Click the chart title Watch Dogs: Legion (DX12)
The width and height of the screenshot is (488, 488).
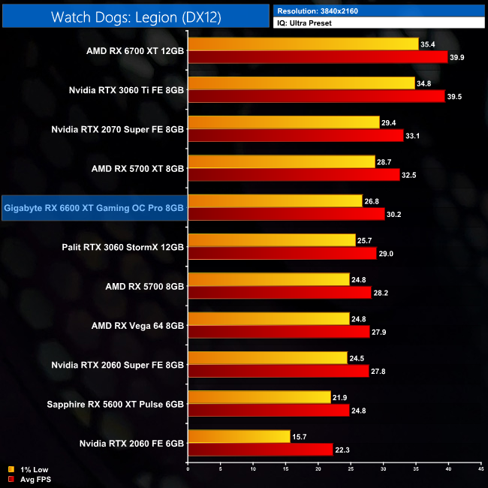(136, 17)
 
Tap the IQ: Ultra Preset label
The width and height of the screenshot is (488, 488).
(309, 23)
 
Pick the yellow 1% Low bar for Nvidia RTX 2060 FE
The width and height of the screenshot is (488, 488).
(239, 436)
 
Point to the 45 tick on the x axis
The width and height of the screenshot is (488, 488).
(480, 471)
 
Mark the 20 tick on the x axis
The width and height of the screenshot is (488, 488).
(318, 471)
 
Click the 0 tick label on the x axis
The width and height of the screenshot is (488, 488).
(188, 471)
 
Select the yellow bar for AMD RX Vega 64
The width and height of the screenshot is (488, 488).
(269, 318)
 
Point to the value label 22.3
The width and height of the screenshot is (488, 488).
(345, 449)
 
